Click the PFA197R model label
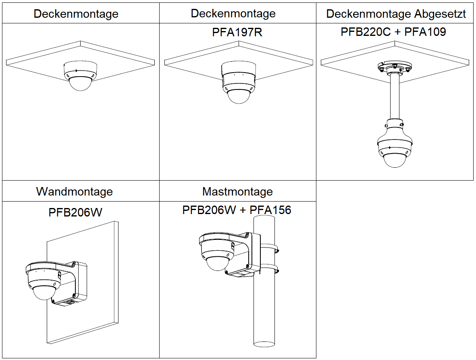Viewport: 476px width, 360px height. (237, 32)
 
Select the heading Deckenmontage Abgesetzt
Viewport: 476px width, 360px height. (396, 14)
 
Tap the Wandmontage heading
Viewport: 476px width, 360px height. (75, 191)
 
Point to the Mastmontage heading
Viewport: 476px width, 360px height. (237, 191)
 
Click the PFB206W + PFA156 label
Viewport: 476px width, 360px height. (237, 210)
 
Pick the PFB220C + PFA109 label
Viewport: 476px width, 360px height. (393, 32)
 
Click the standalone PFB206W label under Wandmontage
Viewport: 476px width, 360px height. (75, 212)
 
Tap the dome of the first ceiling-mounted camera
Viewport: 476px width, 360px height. (80, 84)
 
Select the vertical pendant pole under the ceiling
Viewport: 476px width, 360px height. (394, 97)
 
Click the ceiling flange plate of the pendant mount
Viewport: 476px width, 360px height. (394, 67)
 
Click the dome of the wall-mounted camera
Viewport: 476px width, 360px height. (44, 293)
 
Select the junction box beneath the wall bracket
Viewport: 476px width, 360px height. (69, 301)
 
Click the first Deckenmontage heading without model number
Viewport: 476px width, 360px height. (76, 14)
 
